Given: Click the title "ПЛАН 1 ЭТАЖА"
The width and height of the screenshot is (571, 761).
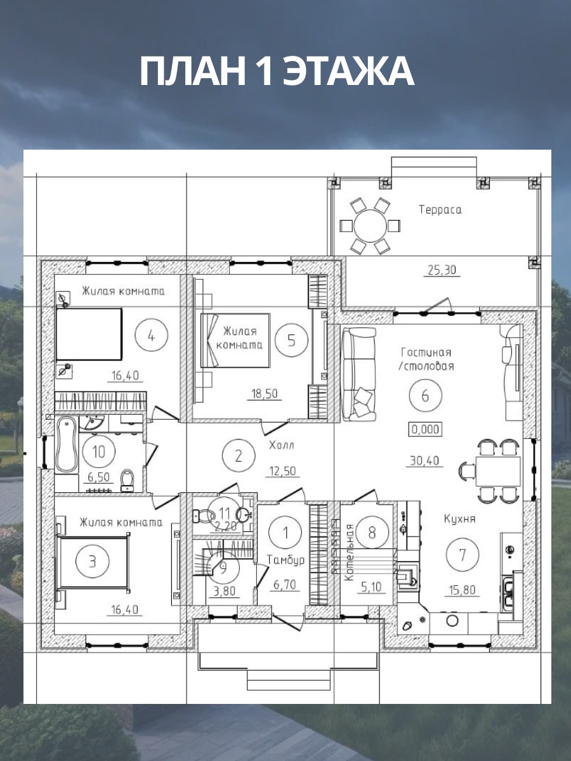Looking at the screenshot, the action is coord(277,71).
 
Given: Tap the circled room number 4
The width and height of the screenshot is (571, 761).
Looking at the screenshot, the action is coord(151,335).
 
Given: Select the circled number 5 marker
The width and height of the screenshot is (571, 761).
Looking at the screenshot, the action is coord(291,340).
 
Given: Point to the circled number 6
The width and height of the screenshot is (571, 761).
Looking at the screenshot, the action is coord(425,396).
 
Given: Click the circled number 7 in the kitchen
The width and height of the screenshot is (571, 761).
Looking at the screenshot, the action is coord(463,555).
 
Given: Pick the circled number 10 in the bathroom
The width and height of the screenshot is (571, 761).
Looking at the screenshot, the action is coord(99,452).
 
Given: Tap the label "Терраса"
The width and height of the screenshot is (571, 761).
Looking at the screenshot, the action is coord(440,210).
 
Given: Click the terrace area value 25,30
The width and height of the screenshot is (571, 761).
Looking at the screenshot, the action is coord(442,270).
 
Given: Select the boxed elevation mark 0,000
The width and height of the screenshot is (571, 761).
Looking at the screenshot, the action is coord(425,429).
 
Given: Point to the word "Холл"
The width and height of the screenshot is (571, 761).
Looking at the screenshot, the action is coord(282,445).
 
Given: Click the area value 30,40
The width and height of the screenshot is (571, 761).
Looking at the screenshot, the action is coord(424,460).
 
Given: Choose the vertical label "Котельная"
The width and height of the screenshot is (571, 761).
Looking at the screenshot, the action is coord(349,552).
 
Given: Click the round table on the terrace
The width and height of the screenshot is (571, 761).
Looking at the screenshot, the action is coord(370,226).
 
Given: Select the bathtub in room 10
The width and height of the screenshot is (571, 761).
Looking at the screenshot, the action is coord(67,445).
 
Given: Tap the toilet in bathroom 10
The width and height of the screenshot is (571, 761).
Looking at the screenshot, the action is coord(128,480).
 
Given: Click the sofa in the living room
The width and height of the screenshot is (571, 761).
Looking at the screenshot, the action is coord(359,374).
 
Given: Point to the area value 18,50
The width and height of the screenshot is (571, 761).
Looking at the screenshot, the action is coord(265,394).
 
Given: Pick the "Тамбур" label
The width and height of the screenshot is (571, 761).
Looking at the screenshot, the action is coord(286,559).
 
